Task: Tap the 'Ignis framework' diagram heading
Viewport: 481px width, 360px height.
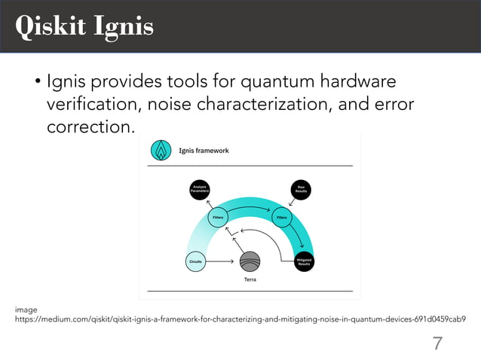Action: [x=204, y=151]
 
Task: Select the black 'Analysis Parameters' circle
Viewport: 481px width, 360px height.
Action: [x=200, y=190]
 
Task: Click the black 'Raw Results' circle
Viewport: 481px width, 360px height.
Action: [x=300, y=190]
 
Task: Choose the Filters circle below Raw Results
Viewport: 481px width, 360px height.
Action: [x=283, y=218]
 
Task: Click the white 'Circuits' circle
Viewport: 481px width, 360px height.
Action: [x=195, y=261]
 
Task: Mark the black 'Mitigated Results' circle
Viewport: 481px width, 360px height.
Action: [x=305, y=261]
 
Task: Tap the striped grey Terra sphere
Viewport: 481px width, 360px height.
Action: [x=250, y=261]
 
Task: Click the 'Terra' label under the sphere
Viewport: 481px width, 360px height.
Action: [x=250, y=279]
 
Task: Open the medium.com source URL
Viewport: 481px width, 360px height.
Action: [x=240, y=319]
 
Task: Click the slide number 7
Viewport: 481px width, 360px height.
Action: [x=437, y=344]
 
